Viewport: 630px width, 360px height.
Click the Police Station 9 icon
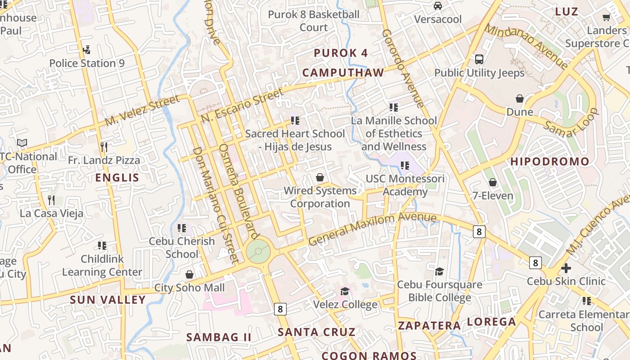tap(86, 50)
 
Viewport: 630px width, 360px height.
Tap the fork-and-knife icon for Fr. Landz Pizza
tap(104, 147)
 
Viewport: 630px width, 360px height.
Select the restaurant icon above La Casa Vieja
tap(51, 200)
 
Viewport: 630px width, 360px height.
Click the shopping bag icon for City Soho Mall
tap(189, 274)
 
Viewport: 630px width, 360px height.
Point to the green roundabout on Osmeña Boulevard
tap(258, 252)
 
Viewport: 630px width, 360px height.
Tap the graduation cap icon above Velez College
tap(345, 291)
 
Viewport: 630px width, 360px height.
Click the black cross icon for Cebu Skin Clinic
tap(566, 268)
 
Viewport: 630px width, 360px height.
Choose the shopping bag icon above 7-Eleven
tap(493, 182)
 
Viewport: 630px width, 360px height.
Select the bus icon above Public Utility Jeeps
tap(479, 59)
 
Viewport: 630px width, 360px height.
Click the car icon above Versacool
tap(437, 6)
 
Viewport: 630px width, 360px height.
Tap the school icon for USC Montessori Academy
tap(405, 166)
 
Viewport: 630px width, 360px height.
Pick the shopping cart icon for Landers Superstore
tap(606, 17)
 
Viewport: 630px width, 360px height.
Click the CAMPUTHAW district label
tap(343, 72)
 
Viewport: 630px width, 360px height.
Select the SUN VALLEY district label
tap(108, 300)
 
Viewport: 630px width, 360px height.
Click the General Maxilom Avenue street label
tap(372, 229)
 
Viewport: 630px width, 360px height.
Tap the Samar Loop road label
tap(571, 122)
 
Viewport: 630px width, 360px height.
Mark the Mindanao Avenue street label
tap(526, 47)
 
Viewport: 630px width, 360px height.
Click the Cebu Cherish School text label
tap(182, 247)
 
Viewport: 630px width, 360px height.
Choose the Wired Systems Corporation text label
tap(320, 197)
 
